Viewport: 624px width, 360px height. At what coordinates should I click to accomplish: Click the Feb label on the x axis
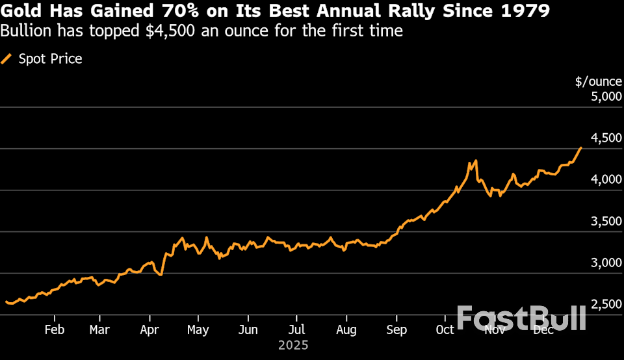[54, 330]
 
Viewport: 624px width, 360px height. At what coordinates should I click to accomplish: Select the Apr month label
[149, 330]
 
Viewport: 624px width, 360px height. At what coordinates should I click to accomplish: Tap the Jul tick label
[296, 330]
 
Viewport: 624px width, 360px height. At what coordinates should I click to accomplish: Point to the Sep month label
[396, 330]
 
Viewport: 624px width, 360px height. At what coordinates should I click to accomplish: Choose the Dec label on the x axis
[543, 330]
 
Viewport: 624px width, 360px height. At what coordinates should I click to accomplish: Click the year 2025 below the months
[292, 345]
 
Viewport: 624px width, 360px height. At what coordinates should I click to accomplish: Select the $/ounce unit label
[599, 82]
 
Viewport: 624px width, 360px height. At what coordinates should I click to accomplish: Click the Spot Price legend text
[50, 59]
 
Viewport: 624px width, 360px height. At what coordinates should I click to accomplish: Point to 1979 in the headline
[525, 12]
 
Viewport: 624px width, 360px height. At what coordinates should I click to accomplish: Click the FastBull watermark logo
[521, 318]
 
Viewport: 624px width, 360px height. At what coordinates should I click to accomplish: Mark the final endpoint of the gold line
[581, 148]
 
